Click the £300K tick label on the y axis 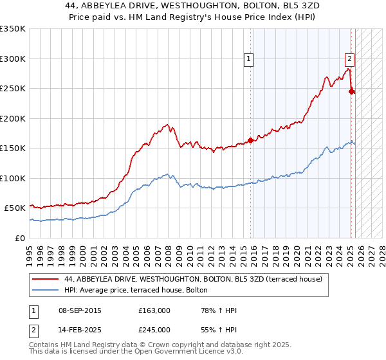[x=13, y=59]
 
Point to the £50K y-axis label [x=15, y=208]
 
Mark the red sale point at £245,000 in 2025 [x=351, y=91]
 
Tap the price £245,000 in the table [x=154, y=330]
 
